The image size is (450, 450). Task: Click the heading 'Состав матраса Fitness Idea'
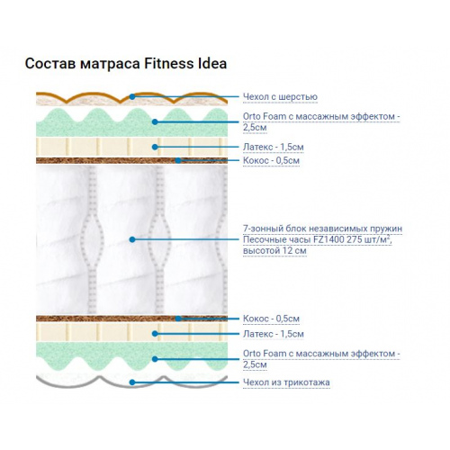click(x=126, y=64)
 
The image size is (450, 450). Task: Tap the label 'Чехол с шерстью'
click(x=280, y=97)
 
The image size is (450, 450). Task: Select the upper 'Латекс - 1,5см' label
click(x=274, y=147)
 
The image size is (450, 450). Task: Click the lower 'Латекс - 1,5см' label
click(x=274, y=334)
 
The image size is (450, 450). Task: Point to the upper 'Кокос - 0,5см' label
click(x=271, y=160)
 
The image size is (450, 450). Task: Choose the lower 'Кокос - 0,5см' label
click(x=271, y=319)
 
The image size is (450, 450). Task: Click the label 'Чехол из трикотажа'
click(x=286, y=382)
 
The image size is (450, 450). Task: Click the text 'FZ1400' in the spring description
click(x=329, y=239)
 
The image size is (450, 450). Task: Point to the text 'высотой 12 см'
click(x=274, y=250)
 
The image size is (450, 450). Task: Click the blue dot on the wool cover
click(x=132, y=96)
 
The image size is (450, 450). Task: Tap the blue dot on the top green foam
click(x=155, y=121)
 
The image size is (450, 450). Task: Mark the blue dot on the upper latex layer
click(x=155, y=147)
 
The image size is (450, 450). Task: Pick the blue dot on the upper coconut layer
click(x=178, y=160)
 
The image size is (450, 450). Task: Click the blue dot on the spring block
click(x=132, y=239)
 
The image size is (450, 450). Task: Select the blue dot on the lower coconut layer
click(x=178, y=319)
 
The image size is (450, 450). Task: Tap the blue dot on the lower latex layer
click(x=155, y=334)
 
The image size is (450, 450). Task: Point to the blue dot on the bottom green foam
click(x=155, y=359)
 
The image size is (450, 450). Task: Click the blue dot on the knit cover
click(x=132, y=382)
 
